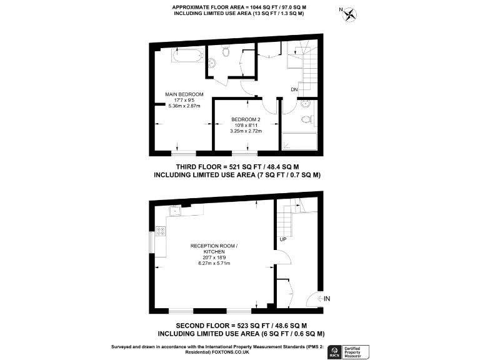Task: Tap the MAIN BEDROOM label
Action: point(184,94)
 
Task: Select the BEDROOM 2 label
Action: point(246,119)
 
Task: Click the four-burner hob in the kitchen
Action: point(161,231)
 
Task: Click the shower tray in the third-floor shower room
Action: point(299,142)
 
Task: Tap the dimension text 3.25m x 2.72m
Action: point(246,131)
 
